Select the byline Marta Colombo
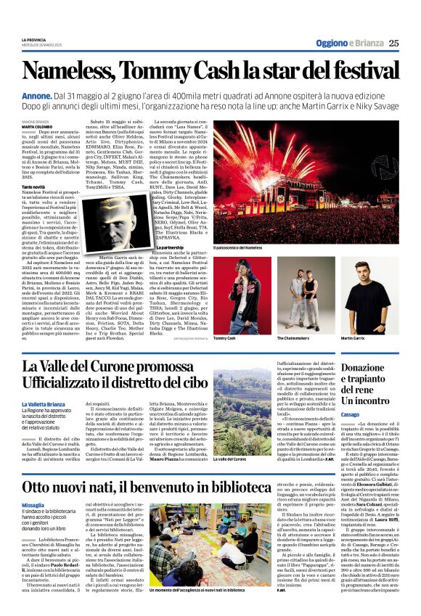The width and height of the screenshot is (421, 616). [x=36, y=126]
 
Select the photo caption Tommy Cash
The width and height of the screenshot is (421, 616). [x=225, y=338]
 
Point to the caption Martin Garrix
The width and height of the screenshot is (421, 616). [x=352, y=338]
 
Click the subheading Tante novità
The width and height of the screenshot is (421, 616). [x=33, y=187]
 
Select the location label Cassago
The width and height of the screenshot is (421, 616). [x=350, y=414]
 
